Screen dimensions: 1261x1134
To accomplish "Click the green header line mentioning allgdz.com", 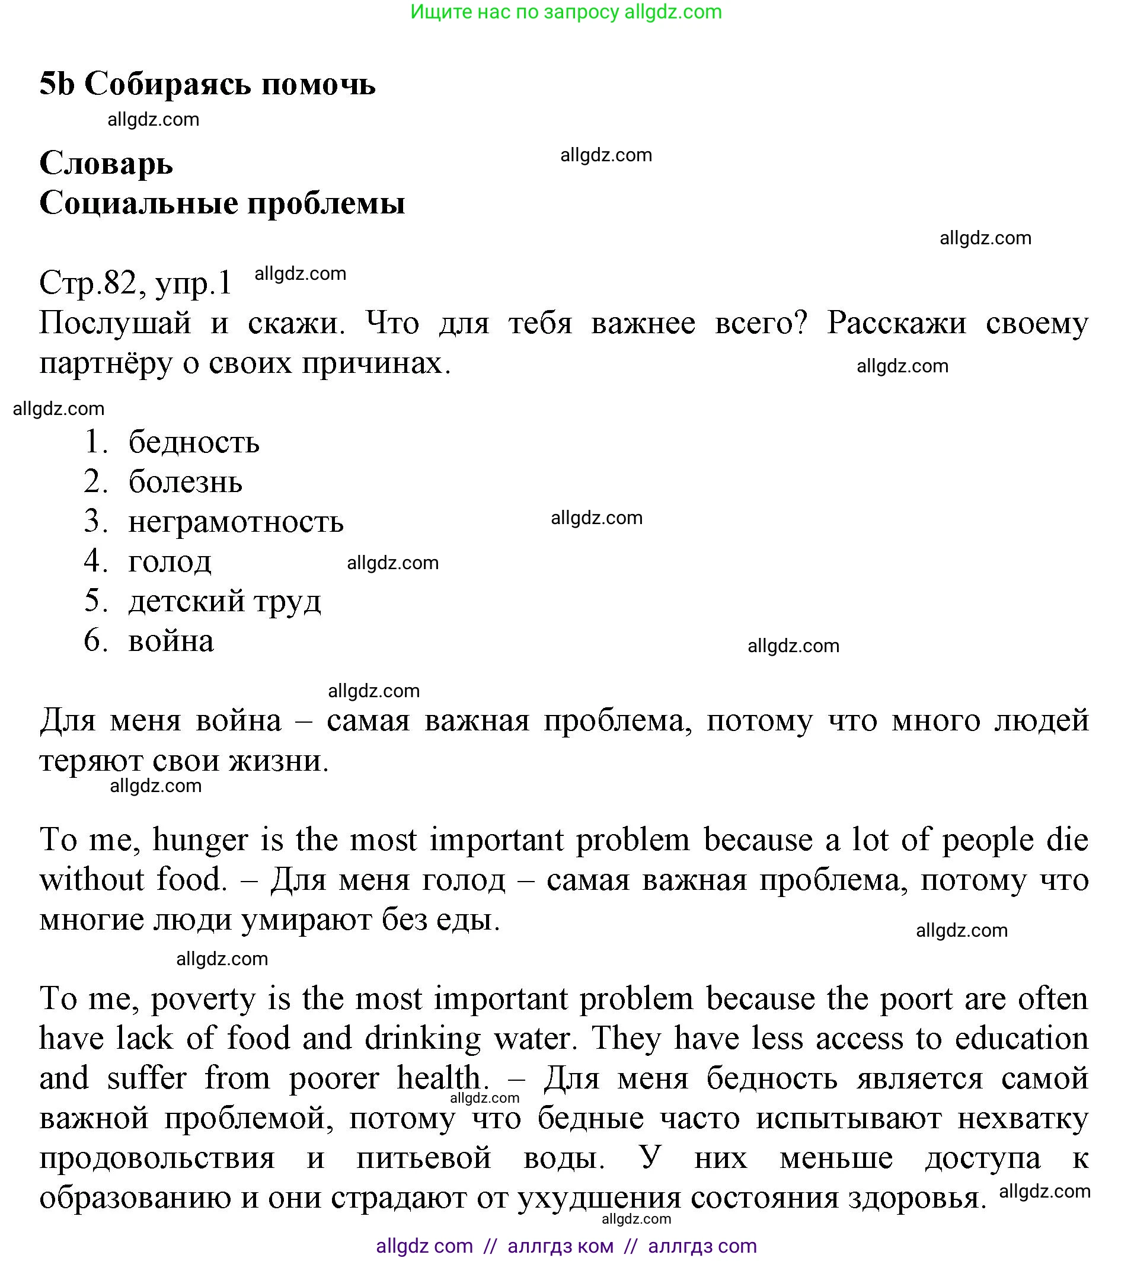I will tap(566, 12).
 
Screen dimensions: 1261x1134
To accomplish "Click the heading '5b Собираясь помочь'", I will tap(207, 84).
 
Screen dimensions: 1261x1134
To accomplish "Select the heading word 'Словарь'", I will tap(106, 164).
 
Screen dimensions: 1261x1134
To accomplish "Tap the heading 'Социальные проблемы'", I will tap(222, 203).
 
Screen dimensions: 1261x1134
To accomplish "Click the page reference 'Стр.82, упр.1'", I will tap(135, 283).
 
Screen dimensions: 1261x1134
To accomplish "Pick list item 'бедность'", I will tap(194, 442).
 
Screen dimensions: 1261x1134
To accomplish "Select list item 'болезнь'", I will tap(185, 482).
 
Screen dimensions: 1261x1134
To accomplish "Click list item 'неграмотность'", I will tap(235, 522).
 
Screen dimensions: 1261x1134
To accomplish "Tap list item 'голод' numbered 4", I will tap(170, 561).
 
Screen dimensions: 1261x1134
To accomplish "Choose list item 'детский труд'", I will tap(224, 601).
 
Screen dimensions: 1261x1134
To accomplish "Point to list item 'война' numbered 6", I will tap(171, 641).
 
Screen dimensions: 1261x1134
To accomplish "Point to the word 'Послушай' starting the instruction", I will tap(114, 323).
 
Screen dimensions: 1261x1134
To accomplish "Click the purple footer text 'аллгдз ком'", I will tap(560, 1246).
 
